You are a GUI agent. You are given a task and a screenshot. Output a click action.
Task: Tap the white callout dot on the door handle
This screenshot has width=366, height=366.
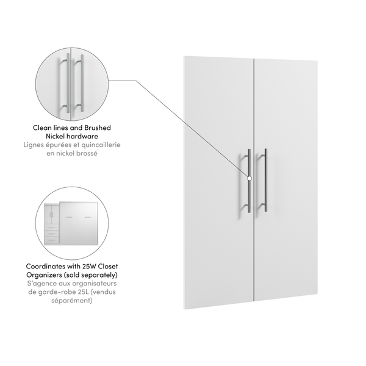pyautogui.click(x=249, y=178)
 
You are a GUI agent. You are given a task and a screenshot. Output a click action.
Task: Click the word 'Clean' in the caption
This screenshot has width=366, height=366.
pyautogui.click(x=44, y=127)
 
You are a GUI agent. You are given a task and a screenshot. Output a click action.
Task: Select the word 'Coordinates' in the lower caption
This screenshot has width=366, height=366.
pyautogui.click(x=49, y=267)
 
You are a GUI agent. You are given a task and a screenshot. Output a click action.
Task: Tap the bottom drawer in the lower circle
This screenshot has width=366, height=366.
pyautogui.click(x=52, y=240)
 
